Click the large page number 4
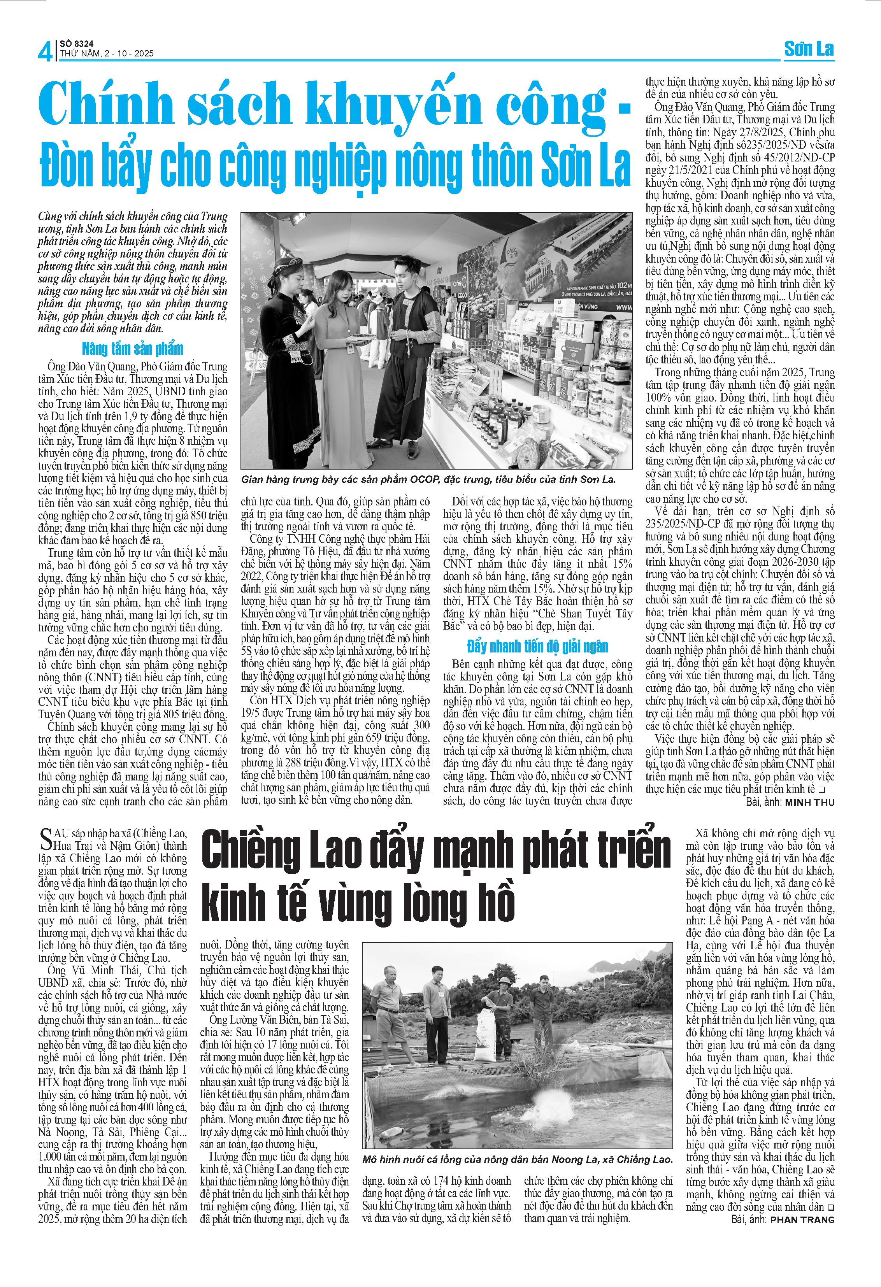(x=45, y=51)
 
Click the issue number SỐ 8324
(x=76, y=43)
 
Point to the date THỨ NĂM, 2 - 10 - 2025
(x=106, y=54)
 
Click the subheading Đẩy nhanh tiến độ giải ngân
(x=537, y=646)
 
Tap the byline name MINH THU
(x=809, y=802)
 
